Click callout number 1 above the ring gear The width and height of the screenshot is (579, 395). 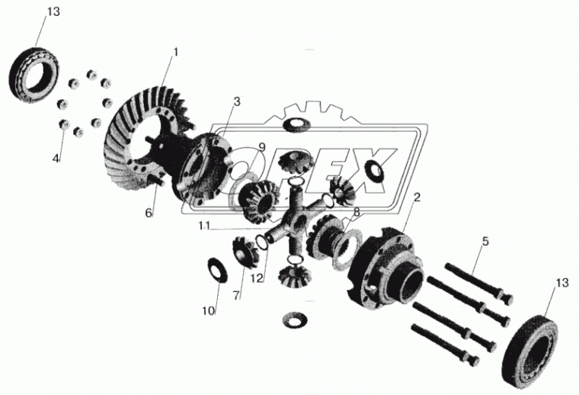point(176,52)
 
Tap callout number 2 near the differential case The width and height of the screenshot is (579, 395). point(417,197)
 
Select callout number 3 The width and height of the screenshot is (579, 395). point(237,101)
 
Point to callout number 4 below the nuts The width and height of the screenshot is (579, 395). point(56,159)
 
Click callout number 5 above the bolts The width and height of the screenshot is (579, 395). point(485,241)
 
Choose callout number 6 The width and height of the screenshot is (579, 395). point(149,213)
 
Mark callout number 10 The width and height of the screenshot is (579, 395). point(209,311)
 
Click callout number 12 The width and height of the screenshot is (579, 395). point(257,278)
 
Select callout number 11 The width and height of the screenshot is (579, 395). point(204,225)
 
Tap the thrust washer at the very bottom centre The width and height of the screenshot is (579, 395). point(294,320)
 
